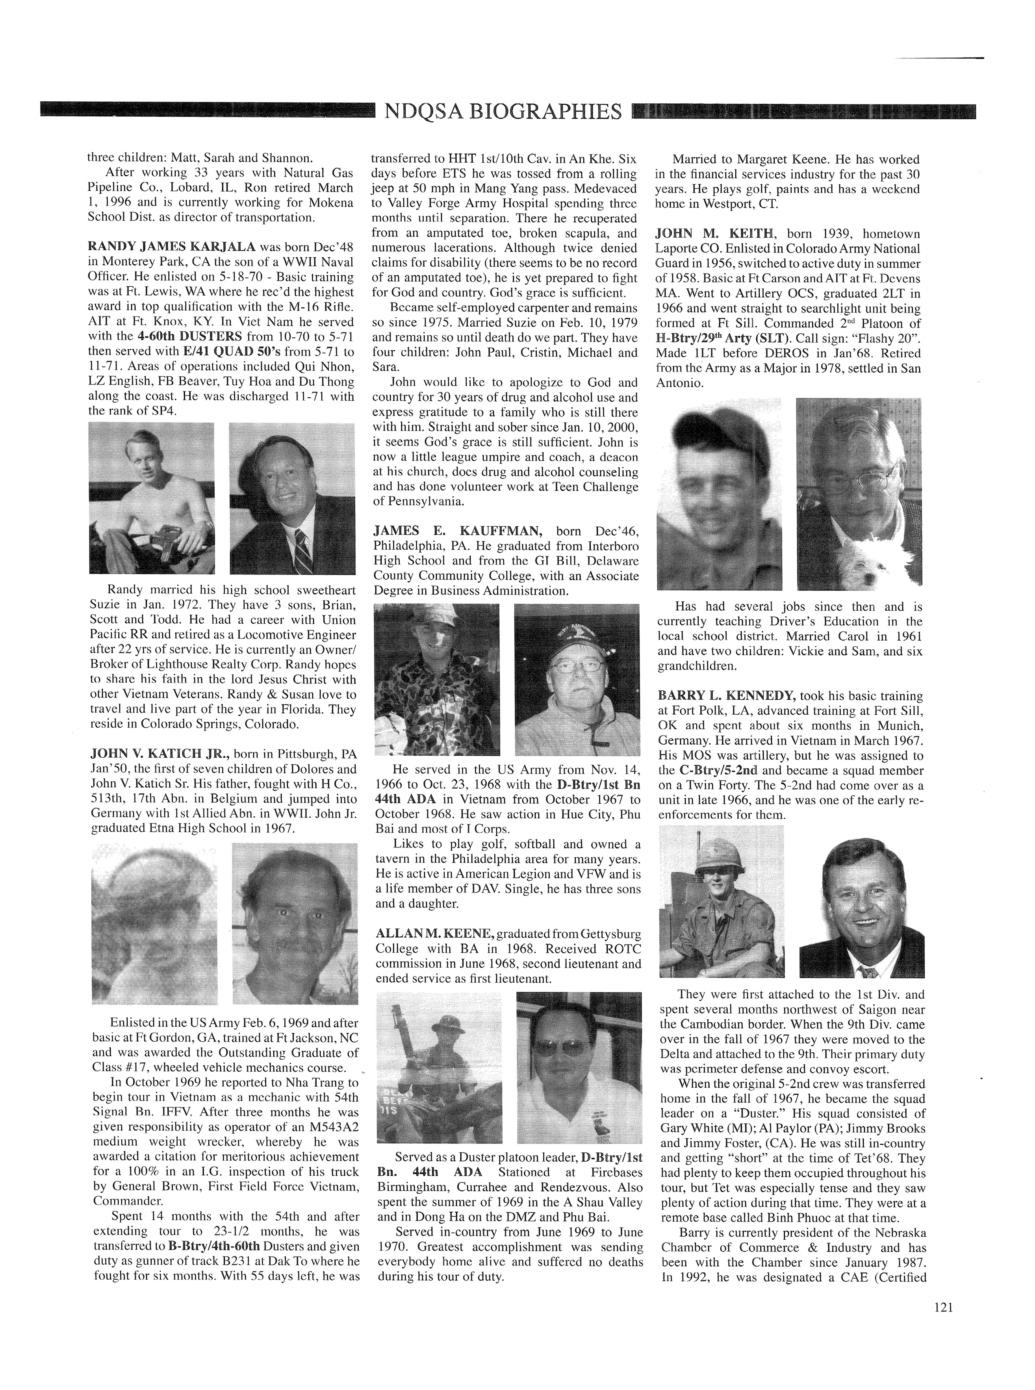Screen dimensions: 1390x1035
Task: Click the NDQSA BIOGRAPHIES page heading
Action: point(503,111)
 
